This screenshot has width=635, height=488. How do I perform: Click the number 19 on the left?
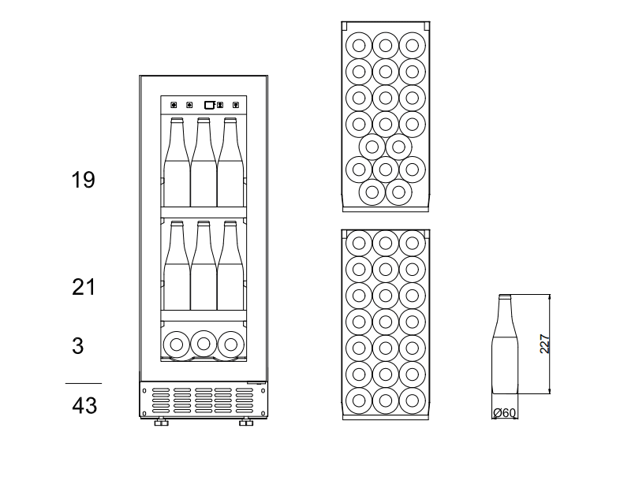[x=83, y=180]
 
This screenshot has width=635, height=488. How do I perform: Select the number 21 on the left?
[x=84, y=287]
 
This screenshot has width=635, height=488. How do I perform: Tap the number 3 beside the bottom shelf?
[x=77, y=345]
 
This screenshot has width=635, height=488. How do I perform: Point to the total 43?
[x=84, y=405]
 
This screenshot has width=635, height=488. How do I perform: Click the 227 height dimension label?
[x=544, y=344]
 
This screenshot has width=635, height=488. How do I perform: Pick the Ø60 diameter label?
[x=504, y=413]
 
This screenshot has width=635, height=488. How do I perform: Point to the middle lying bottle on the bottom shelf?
[x=204, y=344]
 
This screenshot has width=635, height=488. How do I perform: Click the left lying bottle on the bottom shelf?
[x=177, y=344]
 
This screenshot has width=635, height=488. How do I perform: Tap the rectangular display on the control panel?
[x=209, y=104]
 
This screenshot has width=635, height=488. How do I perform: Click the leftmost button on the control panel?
[x=174, y=104]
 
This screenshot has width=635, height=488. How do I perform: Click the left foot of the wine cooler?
[x=161, y=423]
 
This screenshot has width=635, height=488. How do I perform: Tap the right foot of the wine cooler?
[x=246, y=423]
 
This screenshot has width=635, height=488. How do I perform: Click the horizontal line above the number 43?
[x=83, y=384]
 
